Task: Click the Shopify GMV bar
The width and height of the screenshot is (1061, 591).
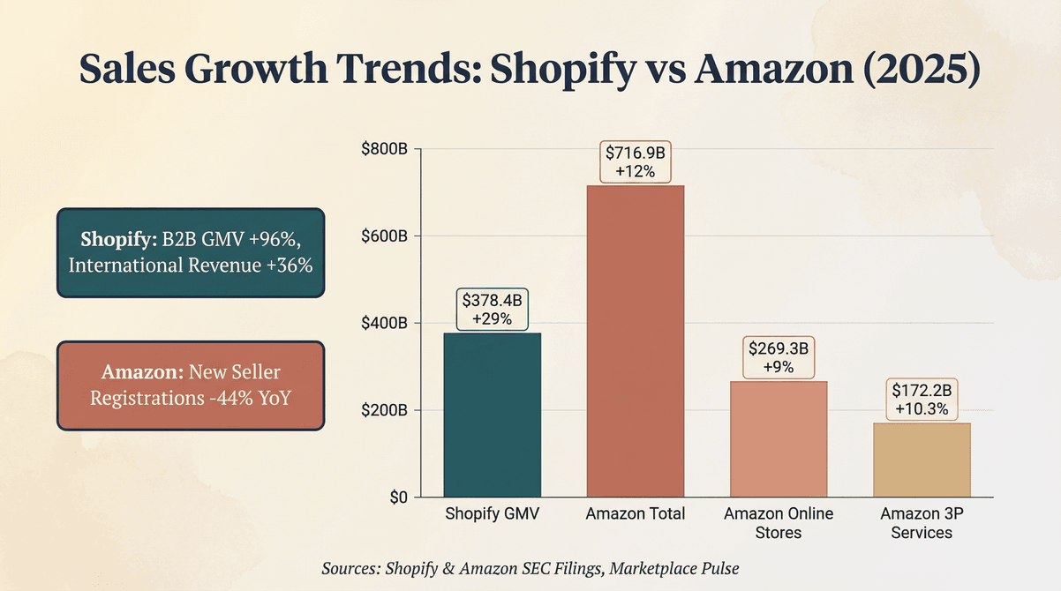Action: [x=492, y=415]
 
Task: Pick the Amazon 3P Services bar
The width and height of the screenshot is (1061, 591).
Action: [x=922, y=460]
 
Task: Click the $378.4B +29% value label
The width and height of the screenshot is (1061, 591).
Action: [x=492, y=310]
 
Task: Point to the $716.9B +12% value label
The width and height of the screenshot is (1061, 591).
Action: [x=636, y=161]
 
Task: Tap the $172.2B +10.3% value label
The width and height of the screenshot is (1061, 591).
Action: [x=922, y=399]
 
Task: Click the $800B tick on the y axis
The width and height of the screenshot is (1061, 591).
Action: [x=384, y=149]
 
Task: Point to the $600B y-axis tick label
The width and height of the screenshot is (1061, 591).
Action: [x=384, y=236]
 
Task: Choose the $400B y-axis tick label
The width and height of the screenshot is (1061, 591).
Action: [x=384, y=324]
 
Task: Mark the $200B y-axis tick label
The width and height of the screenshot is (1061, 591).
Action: [x=384, y=411]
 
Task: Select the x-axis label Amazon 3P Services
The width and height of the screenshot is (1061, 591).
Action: [x=922, y=523]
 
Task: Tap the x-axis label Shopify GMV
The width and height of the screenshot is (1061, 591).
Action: [x=492, y=514]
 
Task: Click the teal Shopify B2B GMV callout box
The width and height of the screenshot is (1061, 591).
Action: [x=191, y=252]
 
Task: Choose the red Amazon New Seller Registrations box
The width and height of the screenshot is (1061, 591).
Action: [x=191, y=385]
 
